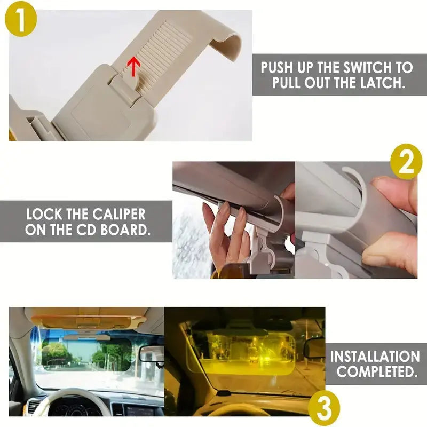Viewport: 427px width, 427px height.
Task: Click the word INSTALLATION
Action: click(375, 356)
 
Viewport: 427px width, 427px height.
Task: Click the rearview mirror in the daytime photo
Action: click(151, 353)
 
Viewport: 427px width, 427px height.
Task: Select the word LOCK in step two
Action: click(44, 215)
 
